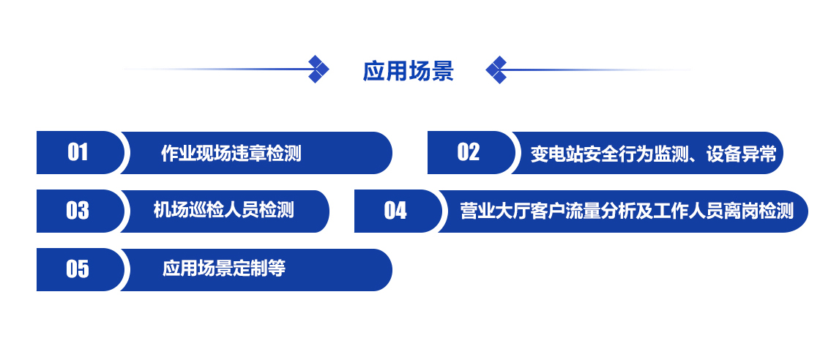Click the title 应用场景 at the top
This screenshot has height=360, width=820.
408,70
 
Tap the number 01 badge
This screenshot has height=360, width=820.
78,153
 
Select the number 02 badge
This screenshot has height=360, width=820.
469,153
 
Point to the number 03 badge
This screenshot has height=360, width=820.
78,211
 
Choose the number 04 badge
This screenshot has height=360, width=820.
396,211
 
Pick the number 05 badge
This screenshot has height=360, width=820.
78,269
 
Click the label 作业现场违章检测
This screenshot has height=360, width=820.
231,154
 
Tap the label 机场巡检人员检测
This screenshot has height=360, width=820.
224,210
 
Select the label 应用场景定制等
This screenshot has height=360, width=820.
224,269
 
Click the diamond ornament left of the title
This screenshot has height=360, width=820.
318,69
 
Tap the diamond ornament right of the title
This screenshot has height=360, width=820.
496,70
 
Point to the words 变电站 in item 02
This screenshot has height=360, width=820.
556,154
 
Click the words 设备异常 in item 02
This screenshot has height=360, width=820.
742,154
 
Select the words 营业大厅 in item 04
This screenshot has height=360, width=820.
495,211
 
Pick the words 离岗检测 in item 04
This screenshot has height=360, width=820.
759,211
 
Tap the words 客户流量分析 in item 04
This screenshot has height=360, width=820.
582,211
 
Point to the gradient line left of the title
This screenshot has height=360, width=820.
217,69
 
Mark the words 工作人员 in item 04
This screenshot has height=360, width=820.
689,211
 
